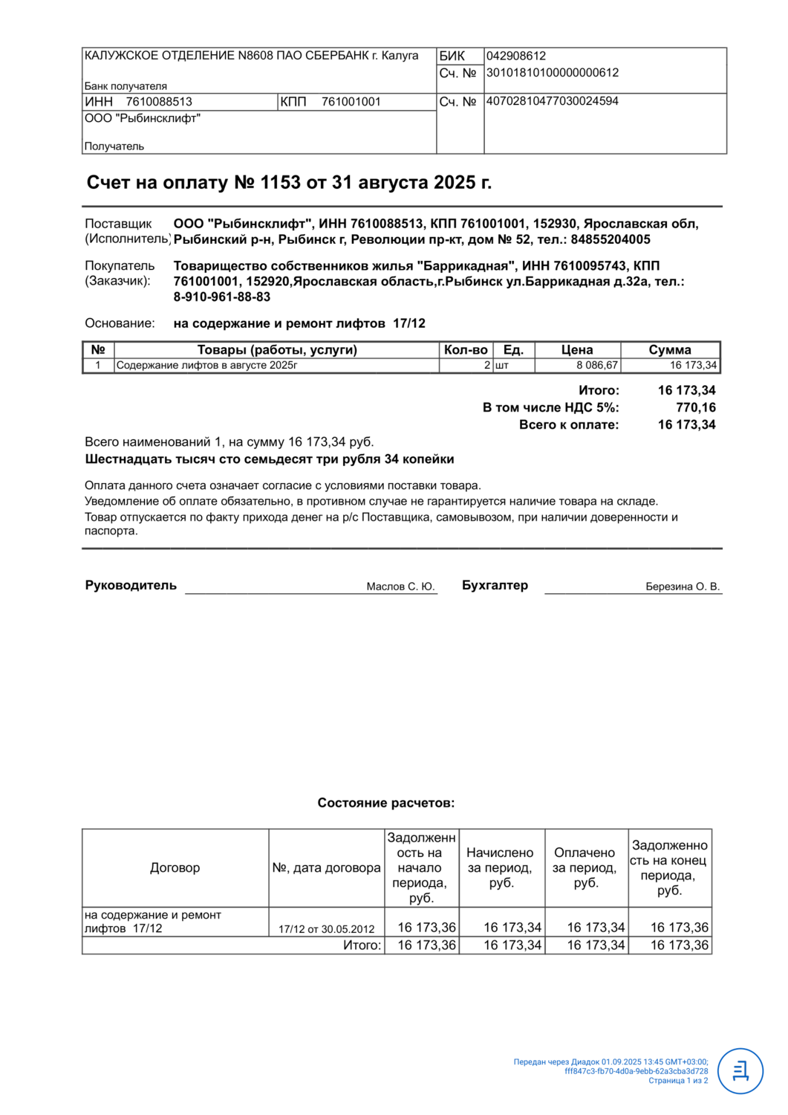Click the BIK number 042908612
pyautogui.click(x=515, y=56)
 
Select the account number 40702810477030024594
pyautogui.click(x=552, y=101)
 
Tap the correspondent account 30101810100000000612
pyautogui.click(x=552, y=73)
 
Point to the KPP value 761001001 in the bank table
pyautogui.click(x=351, y=102)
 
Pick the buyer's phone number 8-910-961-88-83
pyautogui.click(x=222, y=297)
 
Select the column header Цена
pyautogui.click(x=576, y=349)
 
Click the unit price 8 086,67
pyautogui.click(x=596, y=365)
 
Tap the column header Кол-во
pyautogui.click(x=466, y=349)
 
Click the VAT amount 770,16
pyautogui.click(x=695, y=407)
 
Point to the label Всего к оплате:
pyautogui.click(x=569, y=424)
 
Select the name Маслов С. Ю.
pyautogui.click(x=400, y=586)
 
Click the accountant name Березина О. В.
pyautogui.click(x=683, y=586)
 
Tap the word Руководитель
pyautogui.click(x=131, y=585)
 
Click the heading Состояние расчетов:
pyautogui.click(x=386, y=803)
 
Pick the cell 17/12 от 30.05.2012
pyautogui.click(x=326, y=928)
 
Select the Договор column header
pyautogui.click(x=175, y=867)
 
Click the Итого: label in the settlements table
pyautogui.click(x=362, y=946)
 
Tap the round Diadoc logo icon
pyautogui.click(x=740, y=1071)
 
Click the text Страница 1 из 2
pyautogui.click(x=677, y=1081)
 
